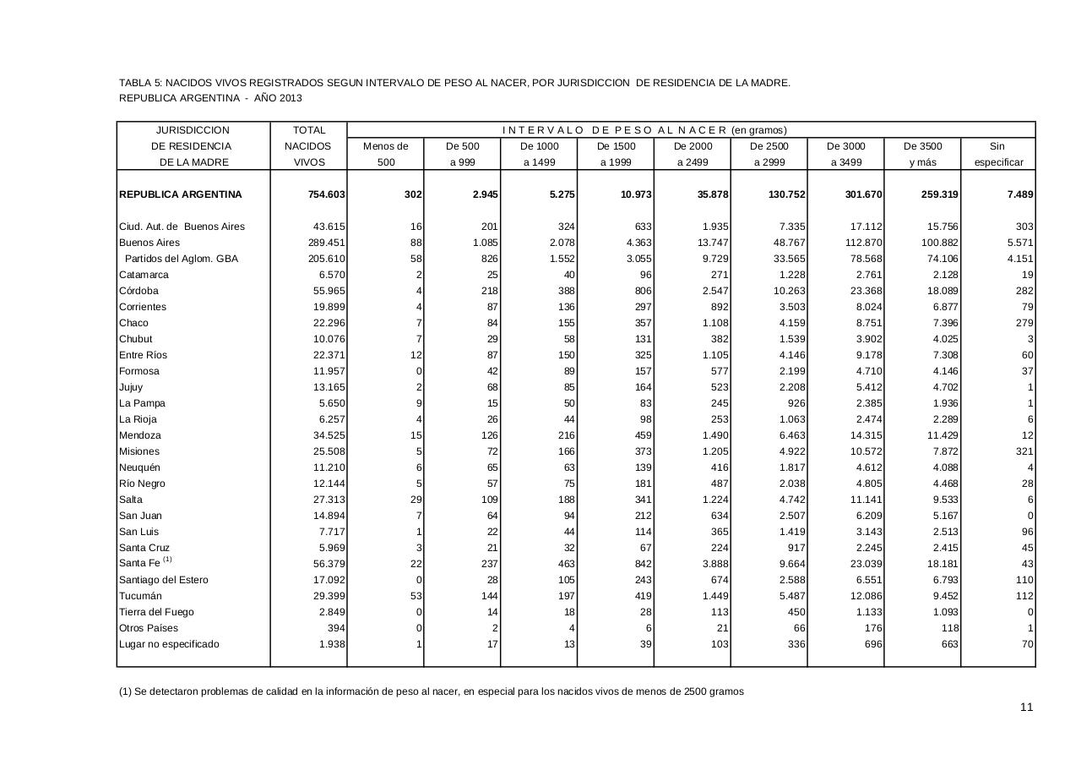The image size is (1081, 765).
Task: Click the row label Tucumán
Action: click(140, 596)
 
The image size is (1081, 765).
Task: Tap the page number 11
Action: click(1026, 708)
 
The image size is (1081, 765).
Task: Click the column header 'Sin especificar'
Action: click(997, 154)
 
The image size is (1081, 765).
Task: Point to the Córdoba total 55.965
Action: click(329, 291)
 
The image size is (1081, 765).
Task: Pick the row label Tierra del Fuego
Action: click(156, 612)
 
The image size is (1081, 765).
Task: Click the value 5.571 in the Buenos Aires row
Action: click(1019, 243)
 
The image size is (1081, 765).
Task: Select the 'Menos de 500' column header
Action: click(386, 154)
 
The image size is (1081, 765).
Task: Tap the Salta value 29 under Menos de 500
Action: click(415, 500)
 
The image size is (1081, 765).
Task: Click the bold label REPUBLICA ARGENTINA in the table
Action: click(181, 194)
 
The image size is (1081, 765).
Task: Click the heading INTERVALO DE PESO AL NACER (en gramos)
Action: click(644, 130)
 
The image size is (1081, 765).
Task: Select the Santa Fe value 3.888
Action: click(713, 564)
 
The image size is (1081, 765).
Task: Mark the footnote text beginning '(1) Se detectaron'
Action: click(431, 691)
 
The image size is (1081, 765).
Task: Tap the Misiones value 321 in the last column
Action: click(1024, 451)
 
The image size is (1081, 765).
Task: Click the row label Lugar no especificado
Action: click(169, 644)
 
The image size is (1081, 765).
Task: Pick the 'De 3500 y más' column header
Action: click(922, 154)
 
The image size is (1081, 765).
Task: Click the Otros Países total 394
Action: click(336, 628)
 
